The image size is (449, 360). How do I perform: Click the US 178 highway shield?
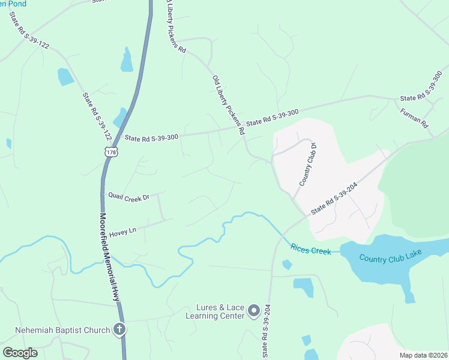pyautogui.click(x=110, y=152)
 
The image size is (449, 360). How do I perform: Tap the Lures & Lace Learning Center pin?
pyautogui.click(x=254, y=310)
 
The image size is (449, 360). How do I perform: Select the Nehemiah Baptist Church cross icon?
pyautogui.click(x=119, y=329)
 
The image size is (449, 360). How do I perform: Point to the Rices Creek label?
pyautogui.click(x=310, y=248)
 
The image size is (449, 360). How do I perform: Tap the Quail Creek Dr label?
pyautogui.click(x=128, y=196)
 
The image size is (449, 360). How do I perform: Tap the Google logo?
pyautogui.click(x=20, y=352)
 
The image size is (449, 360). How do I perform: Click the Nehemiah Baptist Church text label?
pyautogui.click(x=63, y=330)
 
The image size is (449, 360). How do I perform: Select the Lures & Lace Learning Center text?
pyautogui.click(x=215, y=311)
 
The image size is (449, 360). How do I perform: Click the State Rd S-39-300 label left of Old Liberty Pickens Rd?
pyautogui.click(x=151, y=137)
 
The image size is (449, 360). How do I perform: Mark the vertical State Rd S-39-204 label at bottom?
pyautogui.click(x=265, y=339)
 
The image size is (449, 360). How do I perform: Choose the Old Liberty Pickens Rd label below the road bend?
pyautogui.click(x=229, y=104)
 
